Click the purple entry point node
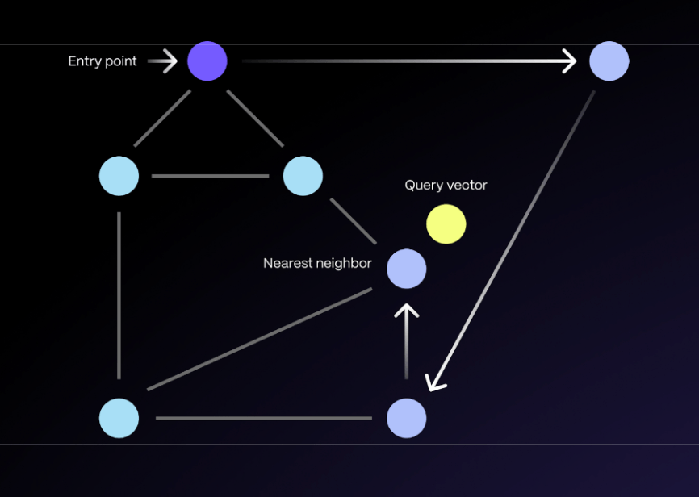click(207, 61)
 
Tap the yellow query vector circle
click(446, 224)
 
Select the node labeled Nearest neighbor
click(407, 269)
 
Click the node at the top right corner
click(609, 61)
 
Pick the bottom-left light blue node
click(119, 418)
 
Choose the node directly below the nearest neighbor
click(407, 418)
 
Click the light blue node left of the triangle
click(119, 176)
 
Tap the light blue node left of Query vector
click(303, 176)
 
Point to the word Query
click(423, 186)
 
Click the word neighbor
click(345, 264)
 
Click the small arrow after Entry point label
click(165, 61)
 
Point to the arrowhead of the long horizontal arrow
click(570, 61)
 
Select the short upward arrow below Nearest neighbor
click(407, 339)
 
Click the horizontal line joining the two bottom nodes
click(264, 418)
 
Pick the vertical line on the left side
click(119, 295)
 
